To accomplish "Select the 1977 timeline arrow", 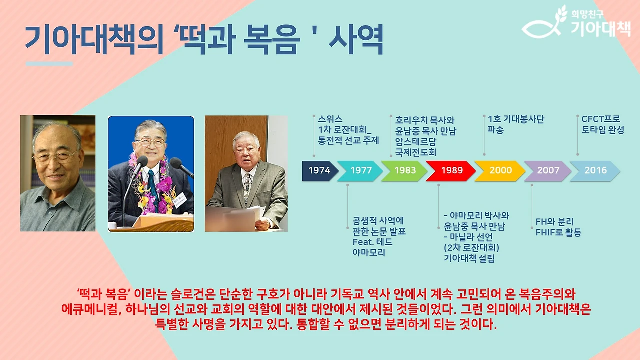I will pyautogui.click(x=361, y=170).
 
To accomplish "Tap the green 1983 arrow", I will pyautogui.click(x=405, y=170).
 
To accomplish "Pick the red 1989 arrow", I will pyautogui.click(x=451, y=170).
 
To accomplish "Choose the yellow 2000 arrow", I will pyautogui.click(x=500, y=170).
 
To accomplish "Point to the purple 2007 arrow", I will pyautogui.click(x=548, y=170).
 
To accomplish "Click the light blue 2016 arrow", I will pyautogui.click(x=595, y=170).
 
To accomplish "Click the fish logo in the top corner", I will pyautogui.click(x=544, y=25).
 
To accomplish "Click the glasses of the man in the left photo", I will pyautogui.click(x=55, y=156).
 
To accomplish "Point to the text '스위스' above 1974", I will pyautogui.click(x=330, y=119).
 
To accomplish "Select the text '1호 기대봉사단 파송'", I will pyautogui.click(x=515, y=125).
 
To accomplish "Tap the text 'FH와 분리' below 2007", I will pyautogui.click(x=554, y=222).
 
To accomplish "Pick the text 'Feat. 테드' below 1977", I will pyautogui.click(x=372, y=242).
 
